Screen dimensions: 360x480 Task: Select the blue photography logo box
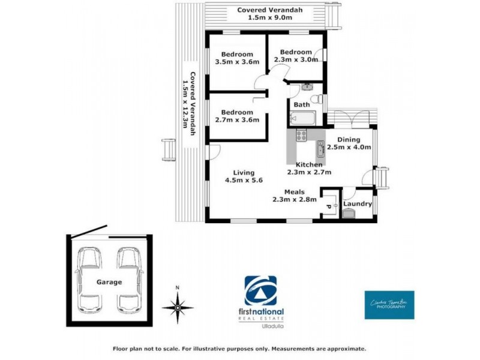[x=389, y=305]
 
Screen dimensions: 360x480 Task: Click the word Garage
[x=109, y=281]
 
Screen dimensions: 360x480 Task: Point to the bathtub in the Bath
[x=303, y=118]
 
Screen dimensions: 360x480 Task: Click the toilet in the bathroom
[x=319, y=100]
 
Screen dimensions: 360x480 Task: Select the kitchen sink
[x=320, y=148]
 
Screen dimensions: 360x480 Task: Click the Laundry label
[x=358, y=204]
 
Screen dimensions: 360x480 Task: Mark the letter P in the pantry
[x=328, y=207]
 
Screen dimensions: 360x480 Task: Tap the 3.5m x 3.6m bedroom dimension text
[x=237, y=62]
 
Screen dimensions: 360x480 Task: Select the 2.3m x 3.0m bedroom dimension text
[x=296, y=59]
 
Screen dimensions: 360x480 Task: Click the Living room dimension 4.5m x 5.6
[x=244, y=179]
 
